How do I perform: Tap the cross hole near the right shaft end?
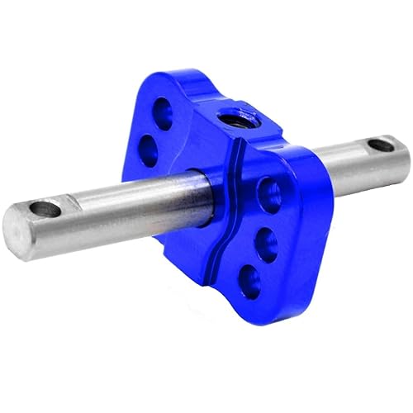pos(380,146)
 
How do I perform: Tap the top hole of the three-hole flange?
pos(269,195)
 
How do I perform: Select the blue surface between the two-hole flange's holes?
pos(157,131)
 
